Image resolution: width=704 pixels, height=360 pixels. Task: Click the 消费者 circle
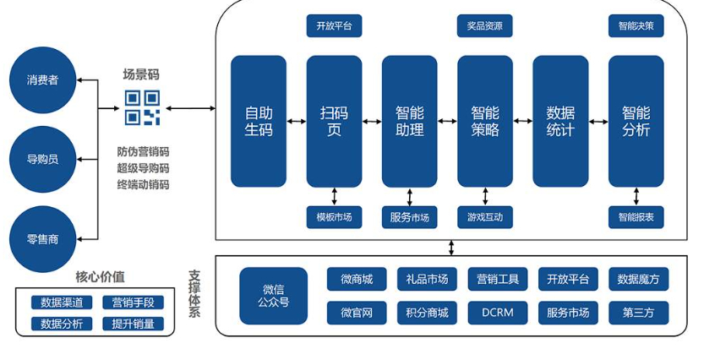click(42, 80)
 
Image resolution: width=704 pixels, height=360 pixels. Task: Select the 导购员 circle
click(42, 159)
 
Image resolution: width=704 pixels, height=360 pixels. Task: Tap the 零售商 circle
click(42, 239)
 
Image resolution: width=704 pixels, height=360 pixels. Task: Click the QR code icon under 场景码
click(142, 108)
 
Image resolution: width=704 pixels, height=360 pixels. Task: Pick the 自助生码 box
click(259, 121)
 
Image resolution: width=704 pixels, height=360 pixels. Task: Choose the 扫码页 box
click(334, 121)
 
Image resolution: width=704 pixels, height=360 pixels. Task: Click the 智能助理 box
click(409, 121)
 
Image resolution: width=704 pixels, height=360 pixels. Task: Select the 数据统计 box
click(560, 121)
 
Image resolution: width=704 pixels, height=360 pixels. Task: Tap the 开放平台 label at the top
click(334, 26)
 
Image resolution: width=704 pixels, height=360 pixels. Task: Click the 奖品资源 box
click(485, 26)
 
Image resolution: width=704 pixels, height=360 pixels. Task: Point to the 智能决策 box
click(636, 26)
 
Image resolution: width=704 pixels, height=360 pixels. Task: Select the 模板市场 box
click(334, 217)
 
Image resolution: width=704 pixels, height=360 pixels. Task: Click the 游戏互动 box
click(485, 217)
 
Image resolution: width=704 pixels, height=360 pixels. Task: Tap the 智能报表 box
click(636, 217)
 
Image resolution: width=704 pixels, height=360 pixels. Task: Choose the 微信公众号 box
click(273, 296)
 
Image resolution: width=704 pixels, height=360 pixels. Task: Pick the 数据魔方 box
click(638, 279)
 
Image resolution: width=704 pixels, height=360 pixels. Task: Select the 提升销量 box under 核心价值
click(133, 323)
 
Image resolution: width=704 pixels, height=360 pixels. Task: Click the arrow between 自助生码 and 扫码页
click(297, 122)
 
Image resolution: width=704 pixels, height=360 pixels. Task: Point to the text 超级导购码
click(143, 168)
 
